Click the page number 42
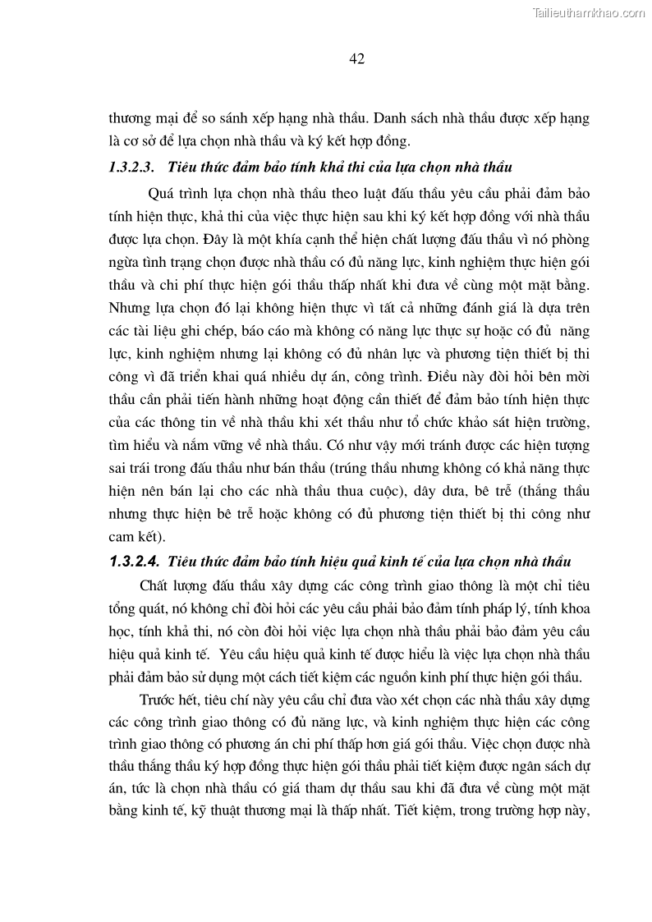tap(356, 58)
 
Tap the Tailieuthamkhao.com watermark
tap(589, 12)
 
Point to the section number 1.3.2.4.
tap(133, 562)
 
